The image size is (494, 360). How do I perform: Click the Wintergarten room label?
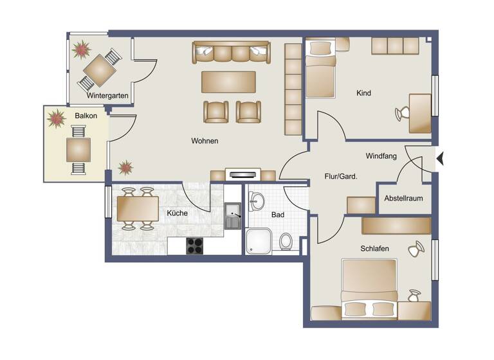point(108,96)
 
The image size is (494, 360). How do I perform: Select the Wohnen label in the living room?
point(204,141)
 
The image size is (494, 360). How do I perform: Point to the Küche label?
point(177,213)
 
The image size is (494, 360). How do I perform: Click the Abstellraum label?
point(403,198)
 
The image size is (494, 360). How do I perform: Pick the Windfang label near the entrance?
point(381,156)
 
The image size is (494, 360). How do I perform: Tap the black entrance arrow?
point(440,157)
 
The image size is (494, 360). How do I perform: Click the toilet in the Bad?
point(286,242)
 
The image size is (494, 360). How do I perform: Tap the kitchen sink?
point(232,215)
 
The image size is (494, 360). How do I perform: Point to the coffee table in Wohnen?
point(228,82)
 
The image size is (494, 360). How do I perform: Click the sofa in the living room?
point(232,52)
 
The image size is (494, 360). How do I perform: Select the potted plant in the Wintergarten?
point(82,49)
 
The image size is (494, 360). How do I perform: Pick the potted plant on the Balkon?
point(57,118)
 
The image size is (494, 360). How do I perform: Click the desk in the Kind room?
point(420,113)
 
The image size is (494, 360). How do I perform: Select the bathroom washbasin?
point(256,201)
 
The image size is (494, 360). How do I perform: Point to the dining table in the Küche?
point(138,208)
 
